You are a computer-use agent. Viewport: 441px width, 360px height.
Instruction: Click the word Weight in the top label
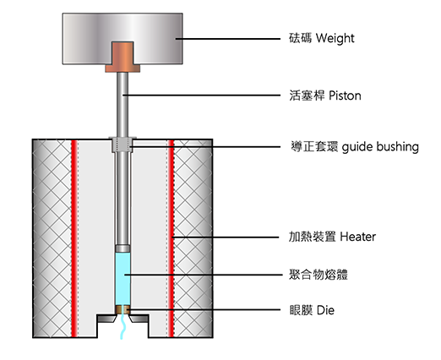point(335,38)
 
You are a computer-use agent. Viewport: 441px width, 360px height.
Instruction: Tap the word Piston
point(345,95)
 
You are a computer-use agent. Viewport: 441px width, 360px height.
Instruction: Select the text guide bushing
point(380,147)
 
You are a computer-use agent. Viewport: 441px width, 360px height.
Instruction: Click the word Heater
point(358,237)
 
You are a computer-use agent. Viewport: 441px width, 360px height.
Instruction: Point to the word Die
point(326,310)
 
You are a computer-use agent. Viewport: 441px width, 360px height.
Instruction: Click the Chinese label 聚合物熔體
point(318,275)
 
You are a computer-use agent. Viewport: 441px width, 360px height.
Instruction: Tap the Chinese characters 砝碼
point(300,38)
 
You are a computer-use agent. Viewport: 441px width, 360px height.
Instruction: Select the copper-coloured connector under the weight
point(122,57)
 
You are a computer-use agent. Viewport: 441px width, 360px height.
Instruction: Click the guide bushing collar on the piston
point(122,145)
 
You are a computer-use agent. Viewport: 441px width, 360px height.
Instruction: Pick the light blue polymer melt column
point(122,279)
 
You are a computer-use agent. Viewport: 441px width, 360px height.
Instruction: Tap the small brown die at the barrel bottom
point(122,310)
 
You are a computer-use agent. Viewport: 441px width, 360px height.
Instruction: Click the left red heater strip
point(74,238)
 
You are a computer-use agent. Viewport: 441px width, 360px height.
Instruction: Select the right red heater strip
point(171,238)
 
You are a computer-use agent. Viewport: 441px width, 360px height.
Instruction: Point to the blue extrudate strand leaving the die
point(122,327)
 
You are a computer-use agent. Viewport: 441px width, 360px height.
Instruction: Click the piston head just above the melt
point(122,248)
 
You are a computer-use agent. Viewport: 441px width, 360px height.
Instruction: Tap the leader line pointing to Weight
point(228,39)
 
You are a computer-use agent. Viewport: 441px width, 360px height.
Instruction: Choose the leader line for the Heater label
point(226,237)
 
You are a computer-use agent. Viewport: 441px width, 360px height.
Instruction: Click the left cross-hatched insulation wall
point(52,238)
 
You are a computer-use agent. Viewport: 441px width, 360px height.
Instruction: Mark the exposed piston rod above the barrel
point(122,105)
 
